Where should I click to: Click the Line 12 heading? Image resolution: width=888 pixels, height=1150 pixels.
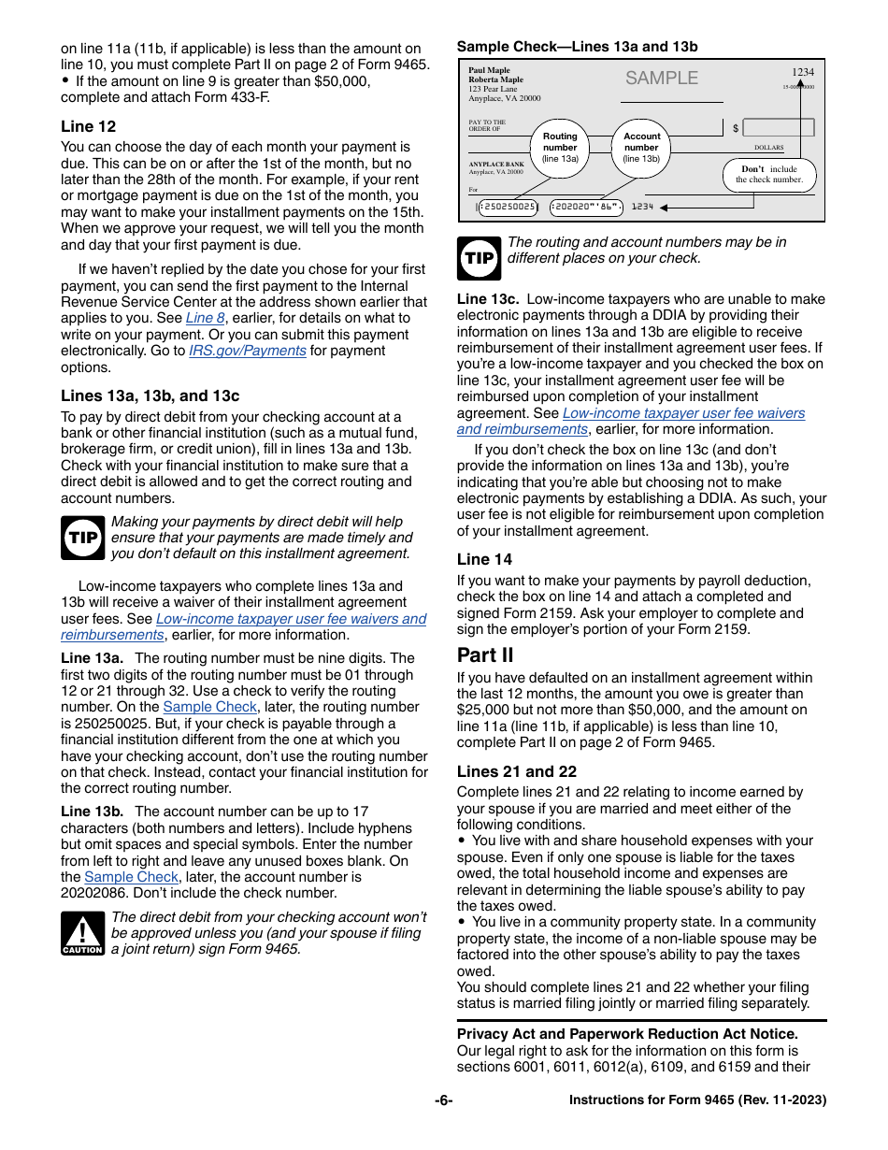pyautogui.click(x=89, y=126)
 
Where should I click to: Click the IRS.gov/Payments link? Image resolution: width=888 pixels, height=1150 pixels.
pyautogui.click(x=247, y=351)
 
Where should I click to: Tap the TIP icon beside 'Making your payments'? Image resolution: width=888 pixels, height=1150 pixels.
pyautogui.click(x=83, y=538)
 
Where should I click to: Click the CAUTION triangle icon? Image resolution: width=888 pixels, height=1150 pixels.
pyautogui.click(x=82, y=933)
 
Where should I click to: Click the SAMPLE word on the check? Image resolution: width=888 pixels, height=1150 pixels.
pyautogui.click(x=662, y=79)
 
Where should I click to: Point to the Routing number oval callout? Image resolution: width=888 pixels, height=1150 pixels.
pyautogui.click(x=560, y=147)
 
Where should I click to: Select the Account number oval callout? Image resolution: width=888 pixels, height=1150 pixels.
pyautogui.click(x=641, y=147)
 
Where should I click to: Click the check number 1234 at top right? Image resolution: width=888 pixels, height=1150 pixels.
pyautogui.click(x=802, y=72)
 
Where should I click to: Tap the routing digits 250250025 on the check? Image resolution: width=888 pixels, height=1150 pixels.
pyautogui.click(x=508, y=207)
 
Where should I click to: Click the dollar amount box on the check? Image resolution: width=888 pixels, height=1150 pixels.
pyautogui.click(x=778, y=127)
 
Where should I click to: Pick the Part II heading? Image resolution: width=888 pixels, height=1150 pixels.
pyautogui.click(x=485, y=654)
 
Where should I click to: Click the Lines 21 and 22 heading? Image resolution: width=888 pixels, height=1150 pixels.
pyautogui.click(x=516, y=771)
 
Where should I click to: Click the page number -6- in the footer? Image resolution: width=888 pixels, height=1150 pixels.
pyautogui.click(x=443, y=1100)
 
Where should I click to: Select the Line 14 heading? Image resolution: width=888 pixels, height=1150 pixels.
pyautogui.click(x=484, y=559)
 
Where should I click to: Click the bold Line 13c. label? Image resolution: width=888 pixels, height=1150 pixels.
pyautogui.click(x=487, y=299)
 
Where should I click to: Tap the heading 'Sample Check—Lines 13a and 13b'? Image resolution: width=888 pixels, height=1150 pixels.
pyautogui.click(x=577, y=47)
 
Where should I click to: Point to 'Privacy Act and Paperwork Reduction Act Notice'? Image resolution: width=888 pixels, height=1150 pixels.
pyautogui.click(x=627, y=1033)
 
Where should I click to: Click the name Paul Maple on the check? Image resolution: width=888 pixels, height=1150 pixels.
pyautogui.click(x=489, y=71)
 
